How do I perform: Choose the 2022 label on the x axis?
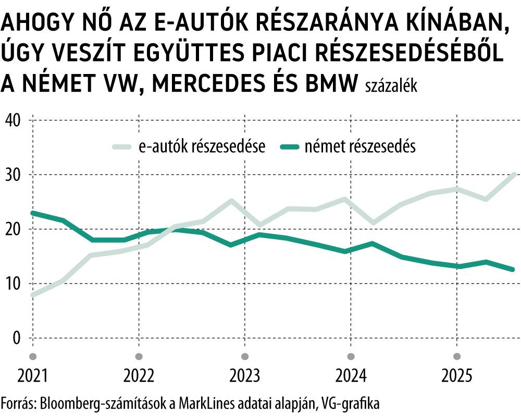point(139,376)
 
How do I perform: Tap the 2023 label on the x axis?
point(245,376)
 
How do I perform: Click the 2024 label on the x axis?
point(351,376)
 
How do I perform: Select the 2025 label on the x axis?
point(457,376)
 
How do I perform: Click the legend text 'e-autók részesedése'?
point(202,147)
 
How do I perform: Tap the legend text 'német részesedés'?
point(357,147)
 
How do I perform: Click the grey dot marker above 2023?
point(245,356)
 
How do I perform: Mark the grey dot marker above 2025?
point(457,356)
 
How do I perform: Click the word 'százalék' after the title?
point(391,86)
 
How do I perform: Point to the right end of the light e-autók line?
point(514,174)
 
